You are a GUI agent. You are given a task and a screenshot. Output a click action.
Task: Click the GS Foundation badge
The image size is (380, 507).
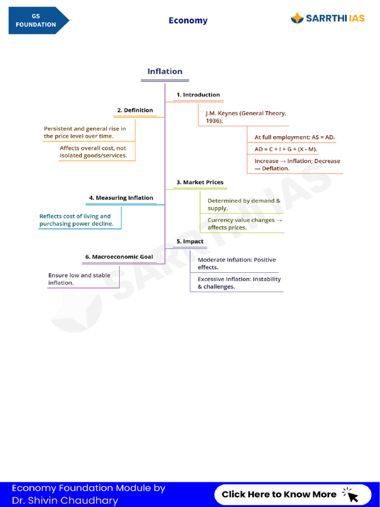click(37, 20)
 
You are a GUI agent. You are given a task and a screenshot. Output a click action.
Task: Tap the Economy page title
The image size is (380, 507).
click(188, 20)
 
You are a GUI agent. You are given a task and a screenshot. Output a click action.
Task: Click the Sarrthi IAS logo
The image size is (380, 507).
click(328, 18)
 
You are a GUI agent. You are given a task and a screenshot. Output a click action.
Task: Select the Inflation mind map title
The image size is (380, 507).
click(165, 71)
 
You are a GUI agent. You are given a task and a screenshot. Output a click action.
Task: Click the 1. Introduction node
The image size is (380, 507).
click(198, 95)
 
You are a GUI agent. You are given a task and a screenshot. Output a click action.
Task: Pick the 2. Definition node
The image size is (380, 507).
click(135, 110)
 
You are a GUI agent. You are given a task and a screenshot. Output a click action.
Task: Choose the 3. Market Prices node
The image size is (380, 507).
click(200, 182)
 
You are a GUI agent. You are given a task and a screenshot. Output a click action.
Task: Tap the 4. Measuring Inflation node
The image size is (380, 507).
click(121, 198)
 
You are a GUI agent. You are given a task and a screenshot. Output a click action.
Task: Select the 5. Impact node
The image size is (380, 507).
click(190, 241)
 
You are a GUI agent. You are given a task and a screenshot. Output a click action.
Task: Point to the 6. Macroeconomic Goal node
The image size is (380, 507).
click(119, 257)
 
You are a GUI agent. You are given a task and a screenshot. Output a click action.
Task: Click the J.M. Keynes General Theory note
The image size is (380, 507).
click(245, 117)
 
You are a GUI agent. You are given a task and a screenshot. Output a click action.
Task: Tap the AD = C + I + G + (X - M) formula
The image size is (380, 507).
click(285, 149)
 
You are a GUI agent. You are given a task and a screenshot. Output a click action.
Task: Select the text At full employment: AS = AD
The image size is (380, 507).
click(294, 137)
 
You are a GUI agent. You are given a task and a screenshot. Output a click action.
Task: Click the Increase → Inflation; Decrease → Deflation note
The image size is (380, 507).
click(297, 164)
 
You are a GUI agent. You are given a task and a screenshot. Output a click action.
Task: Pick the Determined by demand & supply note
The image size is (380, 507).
click(243, 204)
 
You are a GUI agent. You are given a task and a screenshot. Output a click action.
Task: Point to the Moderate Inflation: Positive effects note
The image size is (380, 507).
click(237, 263)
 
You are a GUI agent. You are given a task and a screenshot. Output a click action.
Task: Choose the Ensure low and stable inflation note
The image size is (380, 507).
click(79, 279)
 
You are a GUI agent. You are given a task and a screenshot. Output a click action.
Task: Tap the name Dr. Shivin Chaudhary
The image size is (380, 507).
click(65, 501)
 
